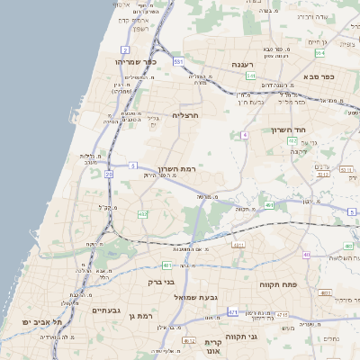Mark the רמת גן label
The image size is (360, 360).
[143, 315]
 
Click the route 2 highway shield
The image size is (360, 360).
[125, 49]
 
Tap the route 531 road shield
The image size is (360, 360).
[179, 61]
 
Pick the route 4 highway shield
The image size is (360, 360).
[243, 134]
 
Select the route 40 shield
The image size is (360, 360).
[307, 255]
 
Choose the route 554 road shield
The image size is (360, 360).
[319, 53]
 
